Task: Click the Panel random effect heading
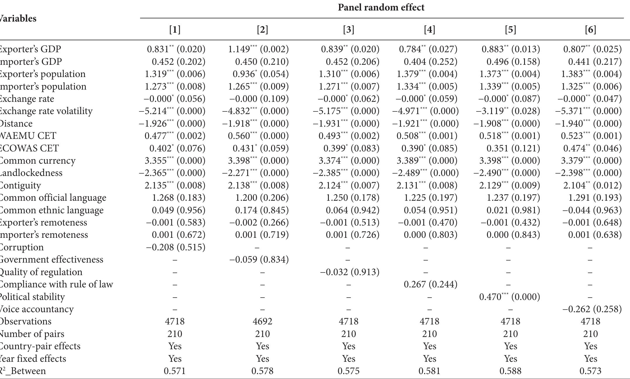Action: pos(381,7)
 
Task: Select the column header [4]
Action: pos(429,29)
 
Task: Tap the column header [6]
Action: pos(590,29)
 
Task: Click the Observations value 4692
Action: pos(262,321)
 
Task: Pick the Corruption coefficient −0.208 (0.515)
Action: pos(176,247)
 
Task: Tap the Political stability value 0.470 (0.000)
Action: pos(509,297)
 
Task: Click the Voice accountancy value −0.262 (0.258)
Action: pos(592,309)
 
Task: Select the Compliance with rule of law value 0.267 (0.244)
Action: pos(430,284)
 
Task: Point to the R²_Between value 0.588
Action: pos(510,371)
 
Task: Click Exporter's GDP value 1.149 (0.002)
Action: pos(258,49)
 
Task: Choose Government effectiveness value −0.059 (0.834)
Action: pos(259,259)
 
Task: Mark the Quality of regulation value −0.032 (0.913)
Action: pos(350,272)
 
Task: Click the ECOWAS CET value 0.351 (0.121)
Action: pos(513,148)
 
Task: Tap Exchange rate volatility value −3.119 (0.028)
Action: pos(508,111)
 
